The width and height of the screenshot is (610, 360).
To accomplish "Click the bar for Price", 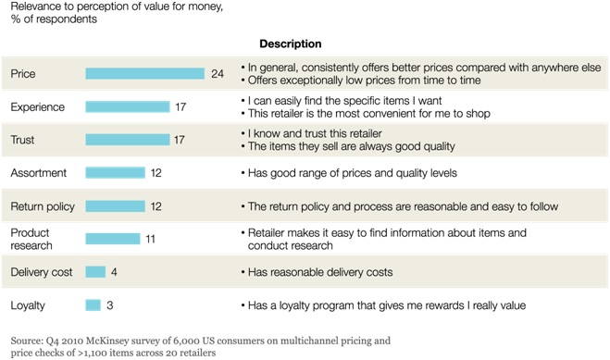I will pyautogui.click(x=144, y=74).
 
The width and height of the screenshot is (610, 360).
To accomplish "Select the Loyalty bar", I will pyautogui.click(x=93, y=304).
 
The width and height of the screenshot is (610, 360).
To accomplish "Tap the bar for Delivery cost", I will pyautogui.click(x=95, y=272).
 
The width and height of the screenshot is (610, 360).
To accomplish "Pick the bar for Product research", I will pyautogui.click(x=114, y=239).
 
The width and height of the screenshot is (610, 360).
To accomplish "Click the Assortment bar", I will pyautogui.click(x=115, y=173).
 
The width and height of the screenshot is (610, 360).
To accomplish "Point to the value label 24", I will pyautogui.click(x=218, y=74).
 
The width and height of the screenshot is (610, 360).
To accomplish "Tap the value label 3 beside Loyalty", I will pyautogui.click(x=110, y=304).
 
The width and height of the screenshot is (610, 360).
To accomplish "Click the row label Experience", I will pyautogui.click(x=37, y=107).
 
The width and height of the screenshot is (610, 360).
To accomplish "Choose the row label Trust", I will pyautogui.click(x=23, y=140).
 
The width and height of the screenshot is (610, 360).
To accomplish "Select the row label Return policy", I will pyautogui.click(x=42, y=205).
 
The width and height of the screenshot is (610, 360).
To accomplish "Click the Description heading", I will pyautogui.click(x=291, y=43).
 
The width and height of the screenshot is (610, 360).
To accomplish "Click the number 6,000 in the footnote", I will pyautogui.click(x=199, y=340).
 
